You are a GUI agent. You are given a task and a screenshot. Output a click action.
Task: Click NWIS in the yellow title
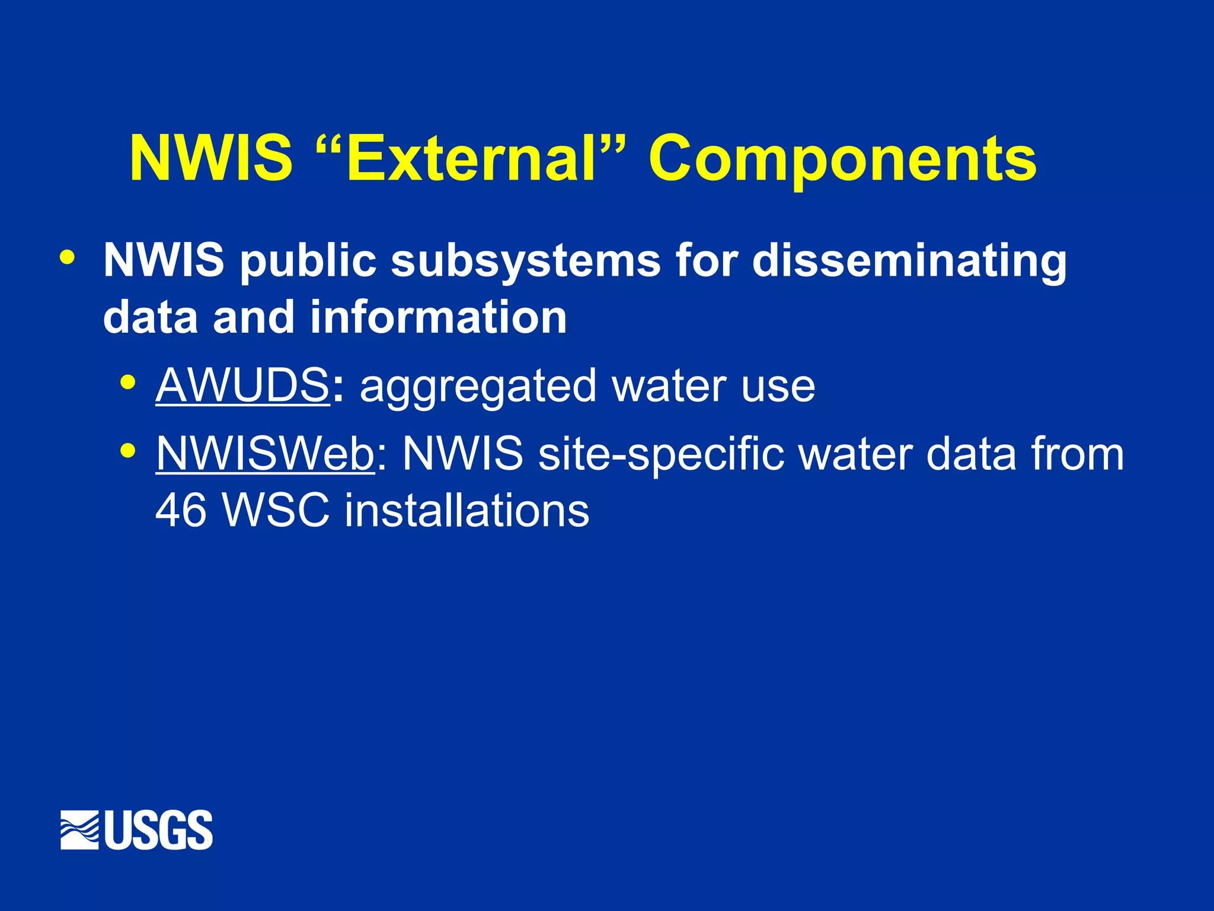(x=211, y=159)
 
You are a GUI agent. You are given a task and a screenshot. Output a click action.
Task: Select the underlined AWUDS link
(x=242, y=386)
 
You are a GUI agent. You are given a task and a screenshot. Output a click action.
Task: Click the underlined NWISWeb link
(x=265, y=454)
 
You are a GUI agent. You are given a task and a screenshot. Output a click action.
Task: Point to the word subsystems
(x=526, y=260)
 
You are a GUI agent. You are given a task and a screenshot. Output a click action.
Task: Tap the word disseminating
(x=909, y=260)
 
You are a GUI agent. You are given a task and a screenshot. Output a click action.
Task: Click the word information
(x=438, y=317)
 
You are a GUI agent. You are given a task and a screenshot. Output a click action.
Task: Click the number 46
(x=181, y=510)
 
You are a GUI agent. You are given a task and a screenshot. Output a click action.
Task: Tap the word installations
(x=467, y=510)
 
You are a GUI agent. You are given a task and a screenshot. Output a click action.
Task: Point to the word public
(x=308, y=262)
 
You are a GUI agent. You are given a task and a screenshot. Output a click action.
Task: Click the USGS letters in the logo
(x=159, y=830)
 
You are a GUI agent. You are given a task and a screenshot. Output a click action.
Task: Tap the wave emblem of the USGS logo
(x=79, y=830)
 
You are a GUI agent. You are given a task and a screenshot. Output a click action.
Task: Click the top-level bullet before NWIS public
(x=68, y=257)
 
